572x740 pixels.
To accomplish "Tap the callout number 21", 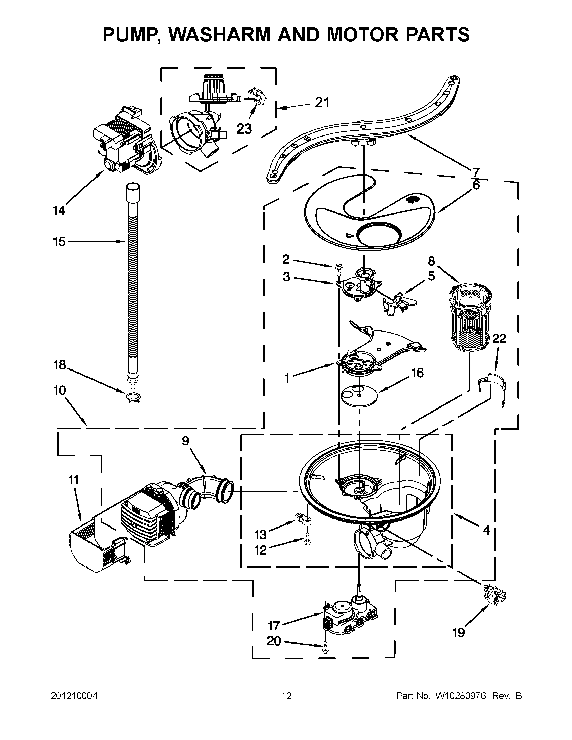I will click(x=322, y=102).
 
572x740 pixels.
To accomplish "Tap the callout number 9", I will click(x=185, y=441).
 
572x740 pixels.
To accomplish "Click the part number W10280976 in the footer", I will click(x=460, y=696).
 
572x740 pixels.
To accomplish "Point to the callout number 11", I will click(x=74, y=480).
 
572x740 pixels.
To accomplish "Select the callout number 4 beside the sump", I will click(x=486, y=530).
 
